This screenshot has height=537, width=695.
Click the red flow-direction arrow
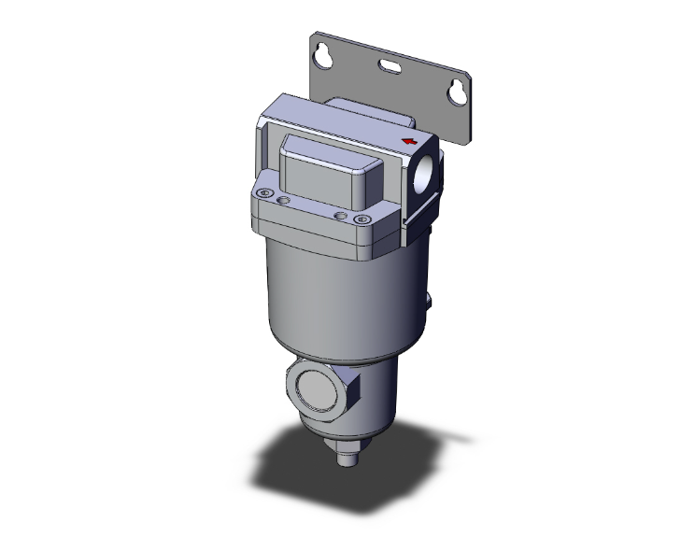(407, 141)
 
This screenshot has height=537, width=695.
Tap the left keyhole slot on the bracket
(323, 56)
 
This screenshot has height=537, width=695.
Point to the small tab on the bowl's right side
(433, 302)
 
